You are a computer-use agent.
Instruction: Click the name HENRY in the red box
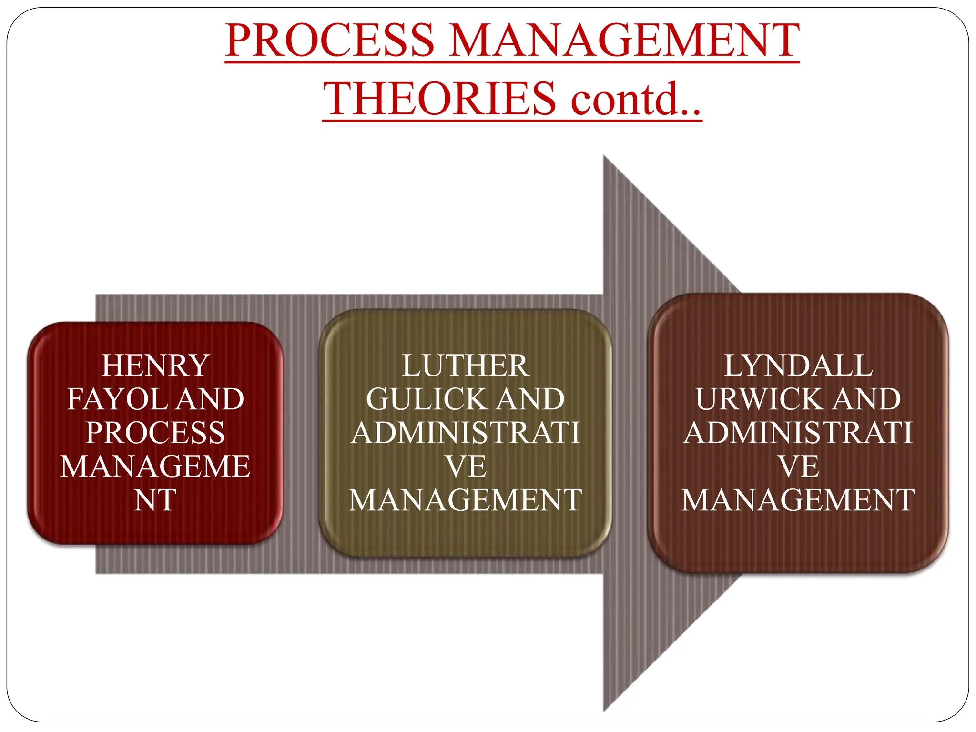pyautogui.click(x=155, y=366)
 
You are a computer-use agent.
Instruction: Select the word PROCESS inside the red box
pyautogui.click(x=155, y=433)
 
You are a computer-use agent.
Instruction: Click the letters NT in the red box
pyautogui.click(x=155, y=500)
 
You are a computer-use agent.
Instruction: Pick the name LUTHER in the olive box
pyautogui.click(x=465, y=366)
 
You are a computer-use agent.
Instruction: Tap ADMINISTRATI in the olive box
pyautogui.click(x=465, y=433)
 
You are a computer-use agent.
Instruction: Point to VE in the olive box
pyautogui.click(x=465, y=467)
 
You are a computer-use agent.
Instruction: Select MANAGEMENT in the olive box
pyautogui.click(x=465, y=500)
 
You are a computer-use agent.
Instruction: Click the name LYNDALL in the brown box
pyautogui.click(x=798, y=366)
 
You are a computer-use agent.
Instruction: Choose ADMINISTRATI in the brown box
pyautogui.click(x=798, y=433)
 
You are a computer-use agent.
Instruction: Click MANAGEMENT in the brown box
pyautogui.click(x=798, y=500)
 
